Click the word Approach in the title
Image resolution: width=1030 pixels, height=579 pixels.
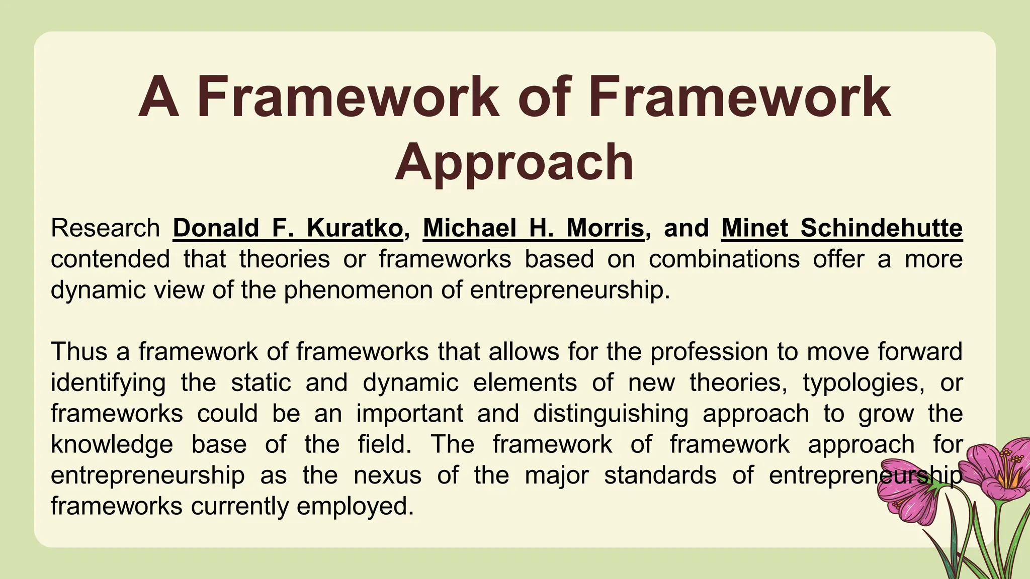point(514,162)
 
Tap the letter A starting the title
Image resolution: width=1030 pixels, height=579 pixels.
point(159,96)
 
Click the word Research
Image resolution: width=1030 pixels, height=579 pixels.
point(105,228)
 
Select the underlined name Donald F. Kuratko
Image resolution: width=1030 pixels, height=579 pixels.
point(288,228)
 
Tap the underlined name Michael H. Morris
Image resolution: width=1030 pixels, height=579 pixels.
point(534,228)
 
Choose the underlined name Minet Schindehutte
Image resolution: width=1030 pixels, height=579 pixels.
point(842,228)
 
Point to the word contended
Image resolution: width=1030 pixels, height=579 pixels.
point(110,259)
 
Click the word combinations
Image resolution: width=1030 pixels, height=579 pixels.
point(724,259)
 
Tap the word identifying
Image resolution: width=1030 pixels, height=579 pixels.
point(108,382)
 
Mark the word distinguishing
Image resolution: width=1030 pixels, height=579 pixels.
point(611,414)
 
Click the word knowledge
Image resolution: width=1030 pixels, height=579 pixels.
point(112,444)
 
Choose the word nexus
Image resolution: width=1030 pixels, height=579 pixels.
point(388,475)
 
